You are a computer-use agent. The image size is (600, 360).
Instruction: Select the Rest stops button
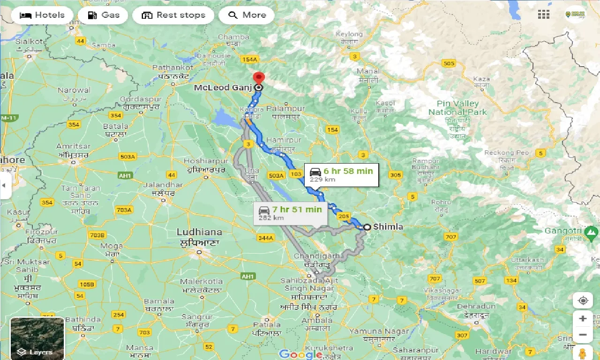point(173,15)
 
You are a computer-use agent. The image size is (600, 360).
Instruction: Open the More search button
point(247,15)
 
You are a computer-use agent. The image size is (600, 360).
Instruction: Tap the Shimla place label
point(388,227)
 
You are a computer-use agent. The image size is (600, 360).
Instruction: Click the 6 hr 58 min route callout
point(341,174)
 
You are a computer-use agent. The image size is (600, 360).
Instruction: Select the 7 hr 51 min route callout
point(290,213)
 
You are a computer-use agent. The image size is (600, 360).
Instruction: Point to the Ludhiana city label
point(199,232)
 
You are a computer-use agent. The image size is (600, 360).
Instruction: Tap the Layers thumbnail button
point(37,338)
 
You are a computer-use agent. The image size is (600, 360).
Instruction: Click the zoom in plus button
point(583,319)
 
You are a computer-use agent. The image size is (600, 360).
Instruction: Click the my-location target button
point(583,300)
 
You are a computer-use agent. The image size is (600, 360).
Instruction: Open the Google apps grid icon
point(544,15)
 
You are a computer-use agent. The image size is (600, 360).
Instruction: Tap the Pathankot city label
point(173,67)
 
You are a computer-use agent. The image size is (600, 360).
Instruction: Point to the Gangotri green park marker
point(592,231)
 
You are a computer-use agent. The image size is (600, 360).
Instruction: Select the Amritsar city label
point(73,146)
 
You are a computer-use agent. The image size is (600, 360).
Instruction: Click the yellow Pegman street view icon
point(583,352)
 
